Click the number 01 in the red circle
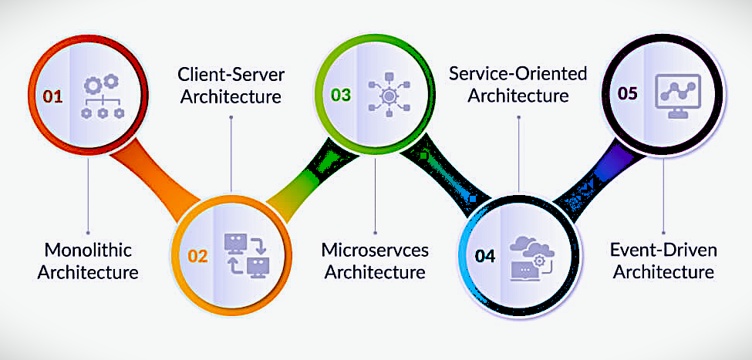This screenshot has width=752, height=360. point(52,96)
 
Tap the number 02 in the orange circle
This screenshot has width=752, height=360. point(197,255)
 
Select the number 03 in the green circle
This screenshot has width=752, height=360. point(340,95)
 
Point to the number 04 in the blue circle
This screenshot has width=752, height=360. point(485,256)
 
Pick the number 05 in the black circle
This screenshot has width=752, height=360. point(628,93)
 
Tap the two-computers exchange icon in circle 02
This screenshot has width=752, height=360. point(245,254)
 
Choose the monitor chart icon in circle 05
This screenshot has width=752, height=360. point(676,94)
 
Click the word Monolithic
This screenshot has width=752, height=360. point(89,250)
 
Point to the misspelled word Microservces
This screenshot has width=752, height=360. point(375,250)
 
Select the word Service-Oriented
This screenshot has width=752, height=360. point(518,74)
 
